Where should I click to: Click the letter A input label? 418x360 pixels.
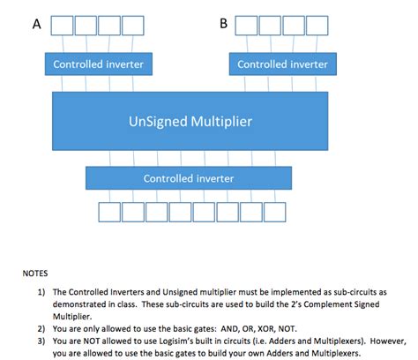[x=36, y=25]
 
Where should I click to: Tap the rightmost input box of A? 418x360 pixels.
[x=132, y=25]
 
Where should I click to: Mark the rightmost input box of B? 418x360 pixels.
[x=317, y=25]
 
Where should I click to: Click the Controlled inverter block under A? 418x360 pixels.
[x=98, y=64]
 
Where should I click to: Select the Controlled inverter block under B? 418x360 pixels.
[x=282, y=64]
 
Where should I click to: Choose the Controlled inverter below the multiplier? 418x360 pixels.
[x=189, y=178]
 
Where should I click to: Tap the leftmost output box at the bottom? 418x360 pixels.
[x=108, y=213]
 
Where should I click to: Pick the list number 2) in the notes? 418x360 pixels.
[x=41, y=324]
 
